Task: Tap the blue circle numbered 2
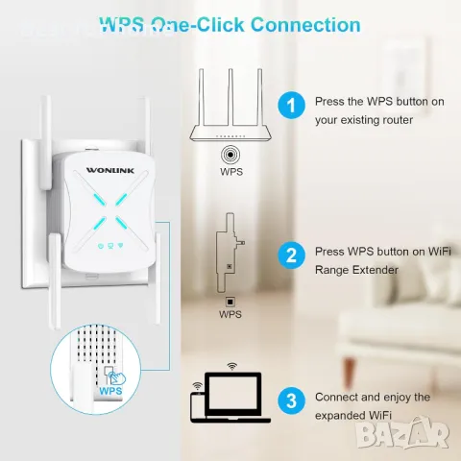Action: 289,255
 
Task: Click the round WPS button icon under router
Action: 230,153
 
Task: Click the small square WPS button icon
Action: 230,299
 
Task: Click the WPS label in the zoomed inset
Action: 109,392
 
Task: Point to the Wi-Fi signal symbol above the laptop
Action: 231,366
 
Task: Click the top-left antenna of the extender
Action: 49,144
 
